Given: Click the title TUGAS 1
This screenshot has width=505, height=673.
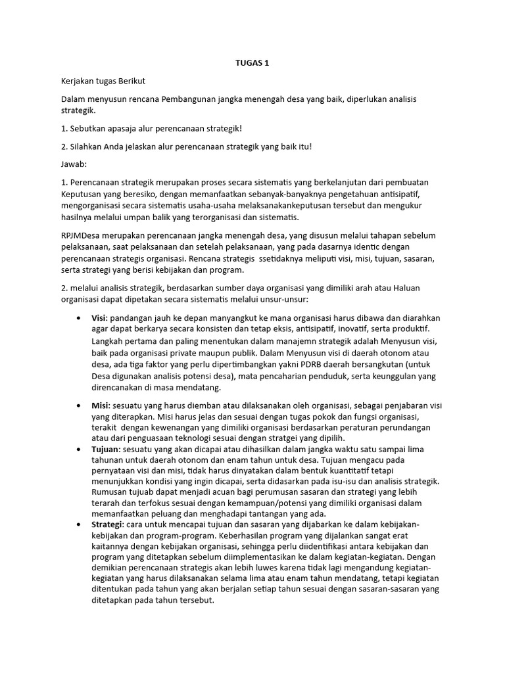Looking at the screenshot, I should point(252,63).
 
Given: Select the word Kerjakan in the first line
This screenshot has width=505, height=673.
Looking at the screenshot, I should point(79,81).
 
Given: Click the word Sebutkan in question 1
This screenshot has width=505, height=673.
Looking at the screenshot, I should point(90,128).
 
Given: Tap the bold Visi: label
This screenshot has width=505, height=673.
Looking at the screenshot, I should point(101,318).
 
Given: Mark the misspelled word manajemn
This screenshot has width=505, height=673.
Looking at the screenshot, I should point(269,342).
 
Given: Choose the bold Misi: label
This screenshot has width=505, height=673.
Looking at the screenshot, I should point(101,406).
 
